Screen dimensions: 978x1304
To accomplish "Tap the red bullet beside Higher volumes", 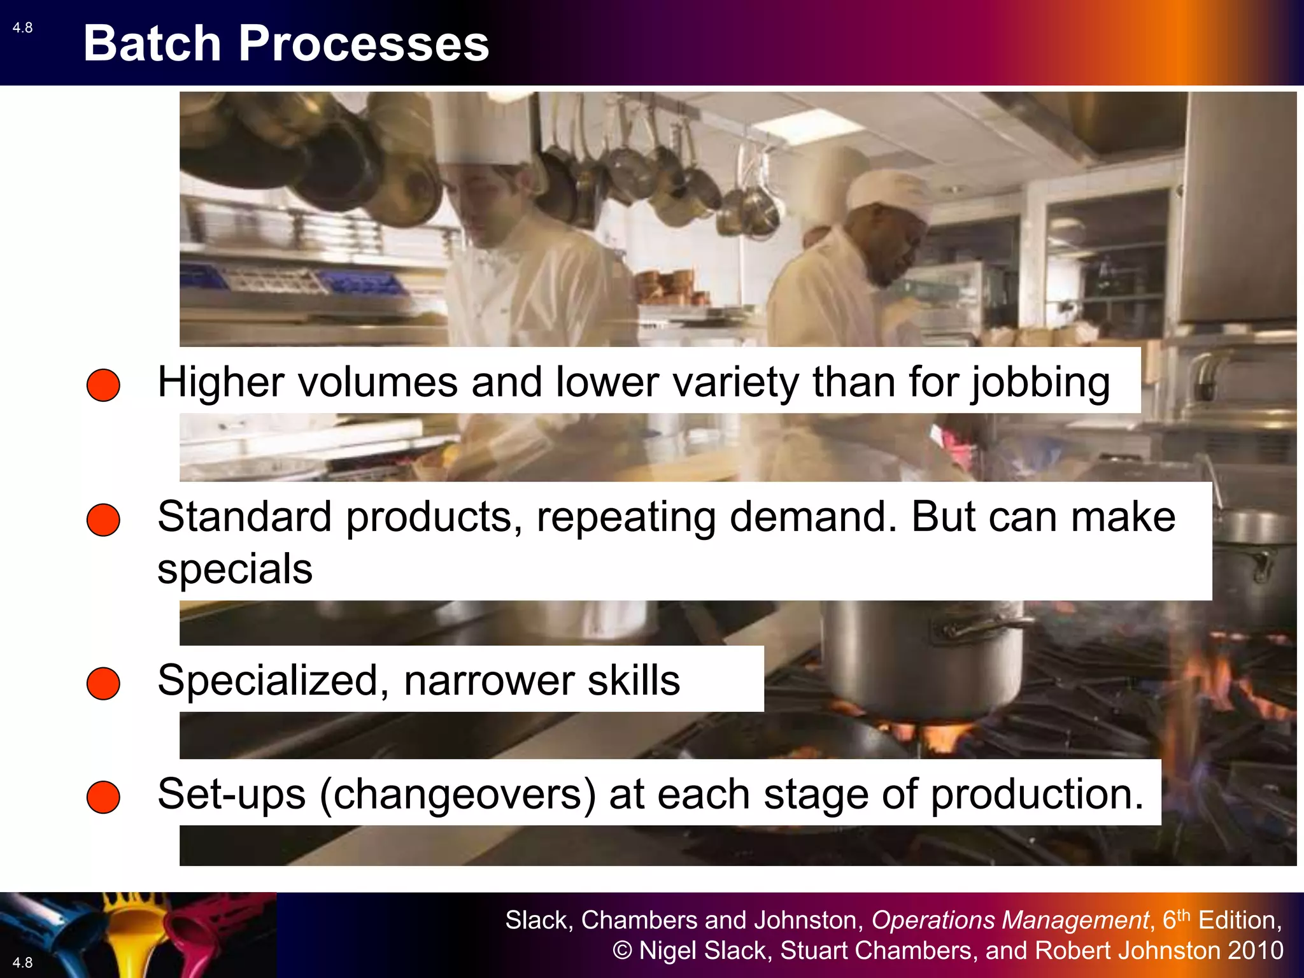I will pos(103,385).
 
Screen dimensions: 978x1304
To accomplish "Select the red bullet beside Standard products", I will pos(103,520).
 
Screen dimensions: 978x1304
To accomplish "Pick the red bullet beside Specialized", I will pos(103,683).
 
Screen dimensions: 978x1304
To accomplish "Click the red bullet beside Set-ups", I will pos(103,797).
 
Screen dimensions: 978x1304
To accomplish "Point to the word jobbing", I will pos(1040,383).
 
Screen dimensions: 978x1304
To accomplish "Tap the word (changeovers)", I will pos(458,795).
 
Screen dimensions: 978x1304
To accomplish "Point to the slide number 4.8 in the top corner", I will pos(22,27).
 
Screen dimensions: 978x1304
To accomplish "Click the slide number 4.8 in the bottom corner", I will pos(22,962).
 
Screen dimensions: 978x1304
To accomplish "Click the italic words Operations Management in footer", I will pos(1010,920).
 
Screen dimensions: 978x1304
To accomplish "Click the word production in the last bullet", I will pos(1037,795).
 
